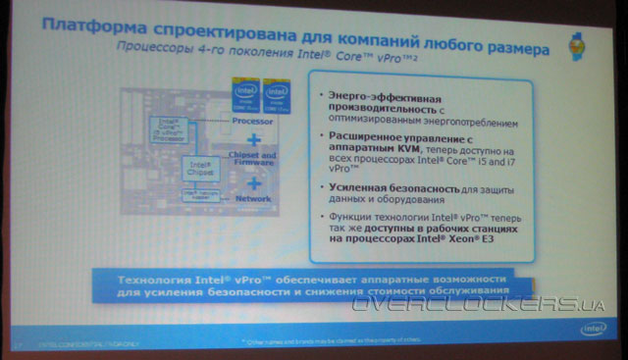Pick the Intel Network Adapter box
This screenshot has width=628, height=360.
coord(197,195)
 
